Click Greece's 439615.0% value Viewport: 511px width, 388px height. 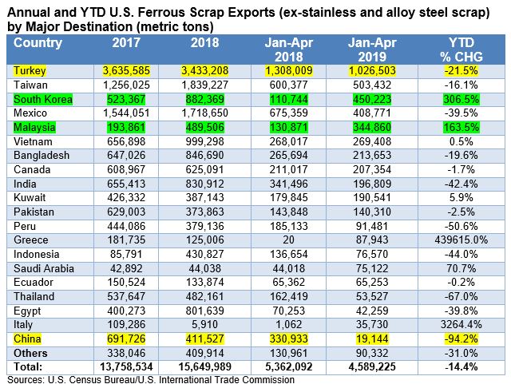[461, 240]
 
